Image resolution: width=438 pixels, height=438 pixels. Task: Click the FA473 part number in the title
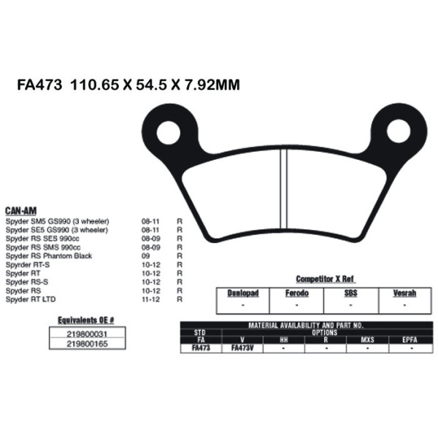tap(39, 85)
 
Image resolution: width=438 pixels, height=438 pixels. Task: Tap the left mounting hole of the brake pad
tap(169, 131)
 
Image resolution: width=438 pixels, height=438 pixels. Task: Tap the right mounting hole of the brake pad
tap(398, 131)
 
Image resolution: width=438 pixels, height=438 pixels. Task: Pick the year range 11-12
tap(148, 299)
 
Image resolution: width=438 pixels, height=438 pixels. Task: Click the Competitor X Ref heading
tap(325, 279)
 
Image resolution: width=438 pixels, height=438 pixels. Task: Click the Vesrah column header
tap(405, 293)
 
